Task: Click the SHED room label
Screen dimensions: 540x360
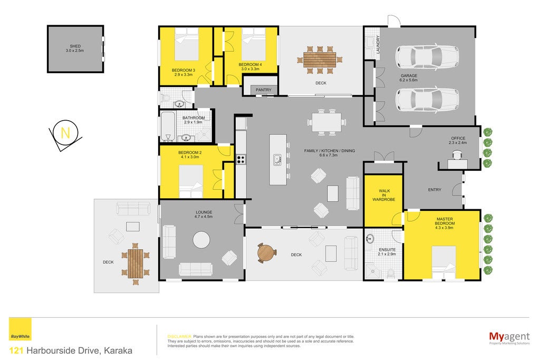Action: click(75, 46)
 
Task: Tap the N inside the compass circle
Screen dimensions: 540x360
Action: click(65, 132)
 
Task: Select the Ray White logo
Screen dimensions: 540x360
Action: click(20, 329)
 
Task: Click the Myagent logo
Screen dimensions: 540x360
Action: click(509, 337)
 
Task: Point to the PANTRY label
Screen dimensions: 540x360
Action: click(264, 90)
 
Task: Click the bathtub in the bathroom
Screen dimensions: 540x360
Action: click(168, 127)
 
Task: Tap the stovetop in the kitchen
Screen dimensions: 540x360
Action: click(240, 159)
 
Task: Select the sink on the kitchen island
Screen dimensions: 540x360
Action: click(277, 160)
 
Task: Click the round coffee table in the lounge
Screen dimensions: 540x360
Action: click(201, 239)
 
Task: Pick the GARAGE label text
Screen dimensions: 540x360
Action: click(409, 76)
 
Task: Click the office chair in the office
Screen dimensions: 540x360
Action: click(457, 155)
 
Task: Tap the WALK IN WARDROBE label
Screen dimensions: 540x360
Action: click(384, 195)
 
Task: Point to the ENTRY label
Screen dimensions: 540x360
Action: click(435, 190)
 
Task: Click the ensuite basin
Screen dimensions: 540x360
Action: click(370, 239)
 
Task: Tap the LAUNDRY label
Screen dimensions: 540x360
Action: click(378, 44)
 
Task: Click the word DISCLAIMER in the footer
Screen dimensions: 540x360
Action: click(179, 337)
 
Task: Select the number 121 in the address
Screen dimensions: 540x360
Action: click(16, 351)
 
